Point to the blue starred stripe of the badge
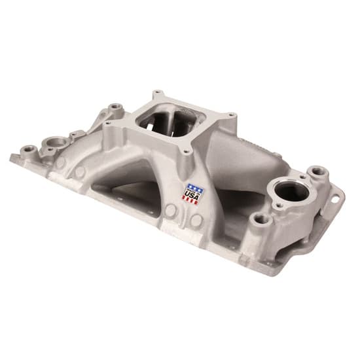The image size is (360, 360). pyautogui.click(x=195, y=186)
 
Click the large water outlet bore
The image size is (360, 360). pyautogui.click(x=289, y=193)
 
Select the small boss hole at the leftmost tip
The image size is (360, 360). pyautogui.click(x=27, y=150)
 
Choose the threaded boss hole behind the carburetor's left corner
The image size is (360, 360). pyautogui.click(x=117, y=105)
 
